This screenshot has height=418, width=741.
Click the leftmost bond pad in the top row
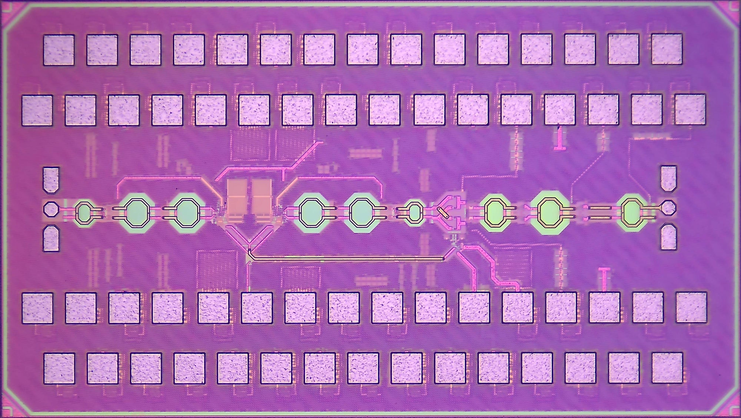59,50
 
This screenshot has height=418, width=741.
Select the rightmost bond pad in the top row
667,49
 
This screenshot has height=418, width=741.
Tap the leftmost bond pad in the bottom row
59,368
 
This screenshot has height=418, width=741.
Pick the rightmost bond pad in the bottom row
667,368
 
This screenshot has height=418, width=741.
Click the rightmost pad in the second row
690,110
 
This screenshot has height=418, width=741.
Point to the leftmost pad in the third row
37,308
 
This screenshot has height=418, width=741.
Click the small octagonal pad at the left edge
51,209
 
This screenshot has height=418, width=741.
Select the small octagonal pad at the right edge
668,207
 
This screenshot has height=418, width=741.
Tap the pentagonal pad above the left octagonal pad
51,180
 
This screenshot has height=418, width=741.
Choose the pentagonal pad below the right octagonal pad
669,237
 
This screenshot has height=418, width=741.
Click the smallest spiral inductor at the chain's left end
85,213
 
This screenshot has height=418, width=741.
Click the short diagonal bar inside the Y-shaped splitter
443,213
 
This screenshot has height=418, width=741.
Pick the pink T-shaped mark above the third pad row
604,278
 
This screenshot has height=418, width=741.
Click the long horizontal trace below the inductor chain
346,258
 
